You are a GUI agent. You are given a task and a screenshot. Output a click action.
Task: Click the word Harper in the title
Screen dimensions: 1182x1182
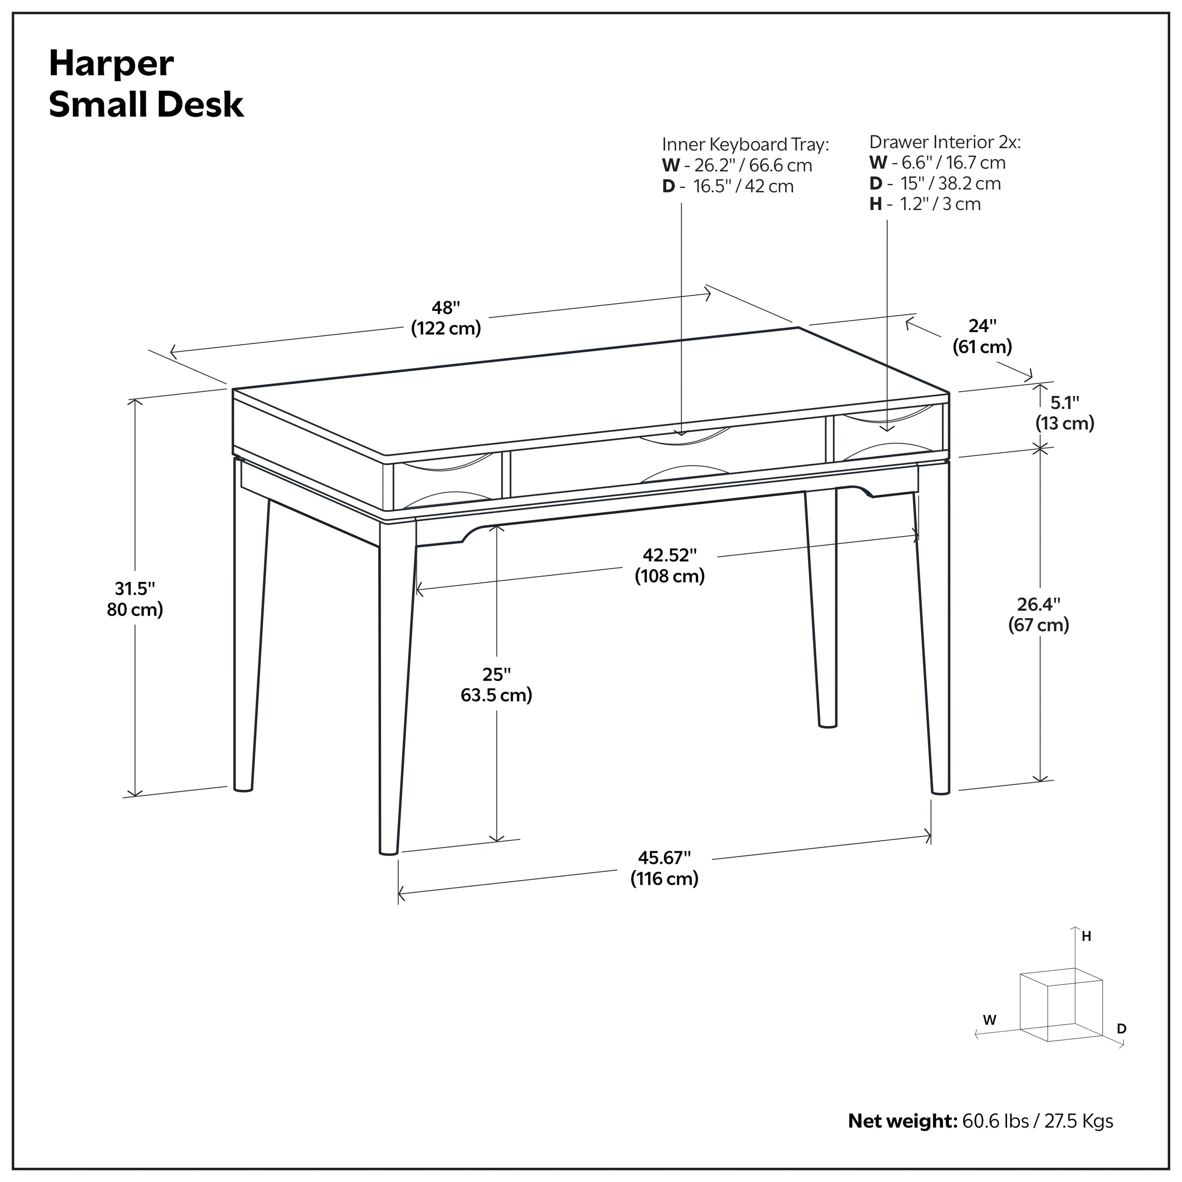pos(111,64)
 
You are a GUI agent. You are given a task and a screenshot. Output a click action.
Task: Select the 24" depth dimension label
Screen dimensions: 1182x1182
pos(982,336)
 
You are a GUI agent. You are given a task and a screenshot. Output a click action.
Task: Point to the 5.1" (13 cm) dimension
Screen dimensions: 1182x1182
pos(1065,413)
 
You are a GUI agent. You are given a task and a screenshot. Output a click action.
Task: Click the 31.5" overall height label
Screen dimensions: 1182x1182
pos(135,599)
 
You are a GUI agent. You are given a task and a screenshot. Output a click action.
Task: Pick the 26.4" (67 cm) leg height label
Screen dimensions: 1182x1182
pos(1038,614)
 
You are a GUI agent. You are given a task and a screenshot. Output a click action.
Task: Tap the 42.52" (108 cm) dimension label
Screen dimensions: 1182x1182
pos(669,565)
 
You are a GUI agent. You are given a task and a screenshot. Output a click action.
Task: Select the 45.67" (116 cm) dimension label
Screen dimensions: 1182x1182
pos(664,868)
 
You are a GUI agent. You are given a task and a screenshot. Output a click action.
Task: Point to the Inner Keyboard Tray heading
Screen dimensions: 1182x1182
pos(745,145)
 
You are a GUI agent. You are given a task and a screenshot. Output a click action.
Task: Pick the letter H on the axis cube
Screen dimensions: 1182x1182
pos(1086,936)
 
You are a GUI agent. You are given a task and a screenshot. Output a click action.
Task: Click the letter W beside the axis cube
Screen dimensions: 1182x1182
pos(989,1020)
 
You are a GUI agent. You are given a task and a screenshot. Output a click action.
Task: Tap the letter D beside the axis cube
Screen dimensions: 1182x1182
pos(1122,1028)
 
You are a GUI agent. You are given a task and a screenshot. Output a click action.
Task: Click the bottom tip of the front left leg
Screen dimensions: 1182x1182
pos(388,851)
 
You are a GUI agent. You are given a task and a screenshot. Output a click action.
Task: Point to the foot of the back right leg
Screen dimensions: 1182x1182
pos(827,724)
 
